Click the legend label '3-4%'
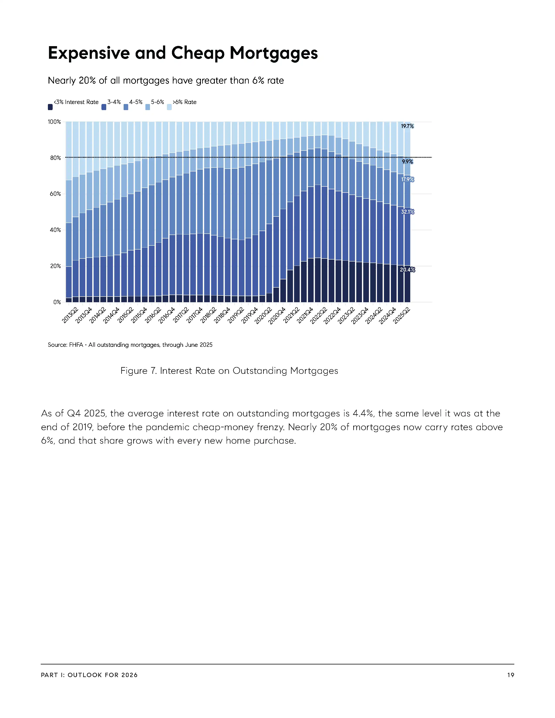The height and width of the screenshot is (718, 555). click(x=114, y=102)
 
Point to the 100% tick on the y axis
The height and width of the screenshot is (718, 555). click(x=55, y=122)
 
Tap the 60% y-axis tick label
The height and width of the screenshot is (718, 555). click(x=55, y=194)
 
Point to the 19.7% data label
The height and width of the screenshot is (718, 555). click(x=407, y=126)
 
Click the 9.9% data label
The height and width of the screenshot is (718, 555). click(x=407, y=162)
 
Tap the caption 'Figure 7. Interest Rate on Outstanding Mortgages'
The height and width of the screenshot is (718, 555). click(x=229, y=371)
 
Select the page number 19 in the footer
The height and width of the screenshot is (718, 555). click(x=510, y=675)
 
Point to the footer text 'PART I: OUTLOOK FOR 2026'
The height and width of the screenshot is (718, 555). click(x=89, y=675)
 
